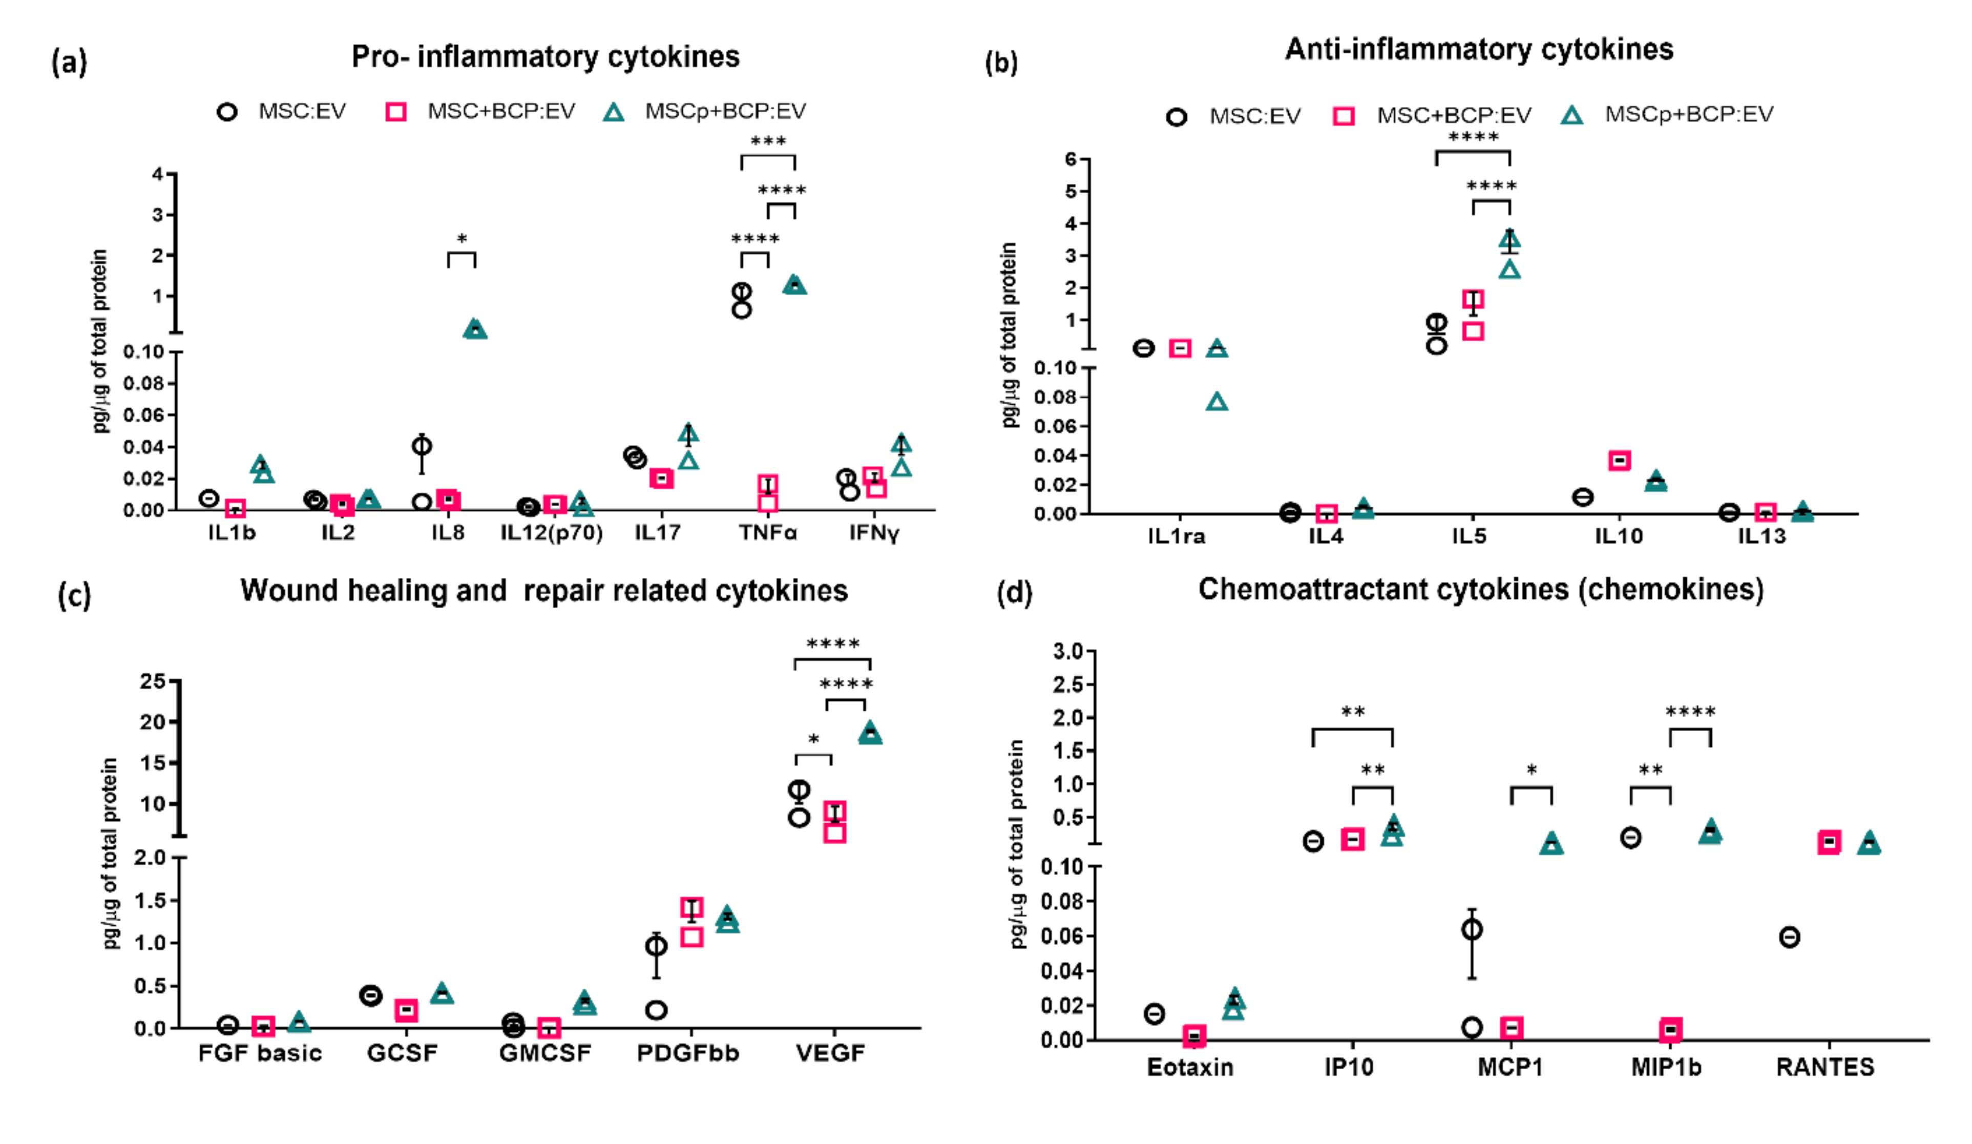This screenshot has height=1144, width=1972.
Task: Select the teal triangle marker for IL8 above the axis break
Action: coord(475,329)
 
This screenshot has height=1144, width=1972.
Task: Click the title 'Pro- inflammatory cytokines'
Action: coord(546,57)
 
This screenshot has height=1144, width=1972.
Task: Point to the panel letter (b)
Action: coord(1001,62)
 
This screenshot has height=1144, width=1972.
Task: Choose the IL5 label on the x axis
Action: coord(1469,537)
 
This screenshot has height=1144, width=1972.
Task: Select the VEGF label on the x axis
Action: coord(830,1053)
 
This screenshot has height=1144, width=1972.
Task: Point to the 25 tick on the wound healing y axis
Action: coord(153,681)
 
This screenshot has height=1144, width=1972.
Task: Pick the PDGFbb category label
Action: coord(688,1053)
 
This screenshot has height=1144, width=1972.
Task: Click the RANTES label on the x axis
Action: coord(1825,1067)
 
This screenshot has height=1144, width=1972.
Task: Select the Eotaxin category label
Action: coord(1189,1067)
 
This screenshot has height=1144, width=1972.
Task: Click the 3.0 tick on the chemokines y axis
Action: coord(1067,651)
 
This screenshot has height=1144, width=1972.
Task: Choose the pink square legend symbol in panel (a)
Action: coord(396,112)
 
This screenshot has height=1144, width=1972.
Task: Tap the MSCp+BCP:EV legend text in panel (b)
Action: coord(1689,115)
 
